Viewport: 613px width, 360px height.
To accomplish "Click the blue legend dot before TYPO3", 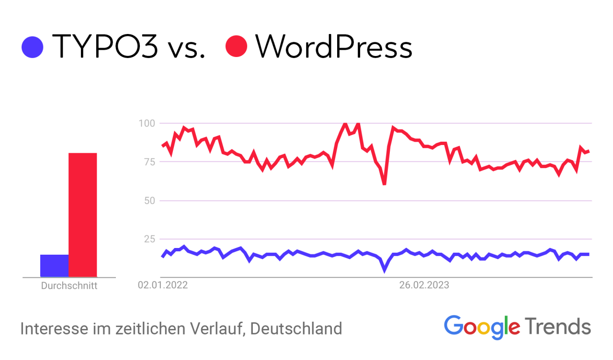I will tap(33, 47).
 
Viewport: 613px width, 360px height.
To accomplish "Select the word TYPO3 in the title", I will tap(105, 47).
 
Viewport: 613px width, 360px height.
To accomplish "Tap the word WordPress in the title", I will tap(334, 47).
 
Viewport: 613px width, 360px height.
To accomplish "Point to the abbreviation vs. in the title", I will tap(184, 48).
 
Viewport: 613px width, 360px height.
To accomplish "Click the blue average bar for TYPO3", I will tap(55, 266).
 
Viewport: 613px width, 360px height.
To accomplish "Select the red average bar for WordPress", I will tap(83, 215).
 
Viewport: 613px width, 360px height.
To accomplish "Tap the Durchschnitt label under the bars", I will tap(69, 286).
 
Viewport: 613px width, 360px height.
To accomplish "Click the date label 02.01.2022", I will tap(163, 285).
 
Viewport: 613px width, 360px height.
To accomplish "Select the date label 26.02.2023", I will tap(424, 285).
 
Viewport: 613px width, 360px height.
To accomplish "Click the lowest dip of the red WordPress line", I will tap(384, 183).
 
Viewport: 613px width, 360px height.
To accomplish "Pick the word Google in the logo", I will tap(482, 326).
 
